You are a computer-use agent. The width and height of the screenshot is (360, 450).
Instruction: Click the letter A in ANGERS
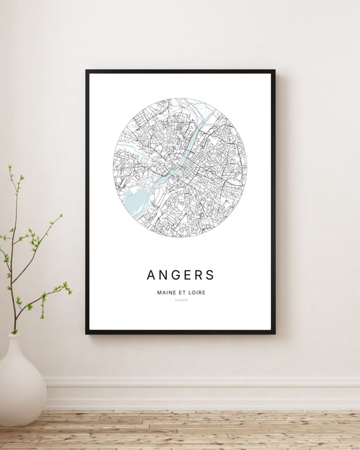151,275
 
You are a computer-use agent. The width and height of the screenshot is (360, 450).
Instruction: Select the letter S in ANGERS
210,275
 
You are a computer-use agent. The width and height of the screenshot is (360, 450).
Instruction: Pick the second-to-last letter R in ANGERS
200,275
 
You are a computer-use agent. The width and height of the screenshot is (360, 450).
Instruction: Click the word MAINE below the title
166,292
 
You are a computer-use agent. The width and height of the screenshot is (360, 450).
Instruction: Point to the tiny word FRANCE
180,300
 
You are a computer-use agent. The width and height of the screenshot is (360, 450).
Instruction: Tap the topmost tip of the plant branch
9,166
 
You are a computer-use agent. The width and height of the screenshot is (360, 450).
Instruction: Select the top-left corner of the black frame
87,71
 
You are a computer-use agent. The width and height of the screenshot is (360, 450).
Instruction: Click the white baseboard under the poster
203,393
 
